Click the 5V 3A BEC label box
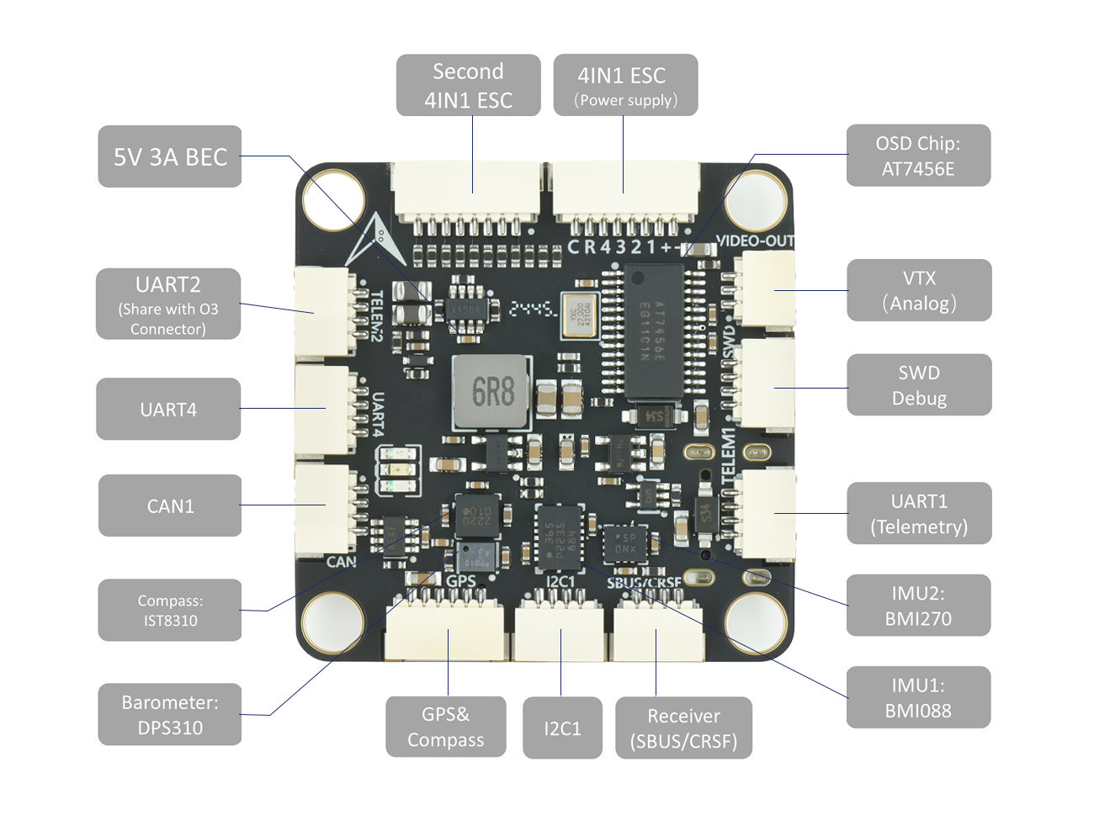pyautogui.click(x=170, y=156)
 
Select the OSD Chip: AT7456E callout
pyautogui.click(x=918, y=156)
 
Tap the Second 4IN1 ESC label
pyautogui.click(x=468, y=86)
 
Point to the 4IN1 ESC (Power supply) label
pyautogui.click(x=625, y=86)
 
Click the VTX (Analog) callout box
pyautogui.click(x=919, y=290)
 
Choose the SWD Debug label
pyautogui.click(x=919, y=385)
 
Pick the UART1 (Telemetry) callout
pyautogui.click(x=919, y=513)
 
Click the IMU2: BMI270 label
pyautogui.click(x=918, y=606)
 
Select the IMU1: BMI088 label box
pyautogui.click(x=918, y=698)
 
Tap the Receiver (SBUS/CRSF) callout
pyautogui.click(x=683, y=728)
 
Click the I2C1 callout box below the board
pyautogui.click(x=562, y=728)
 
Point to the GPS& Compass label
pyautogui.click(x=446, y=727)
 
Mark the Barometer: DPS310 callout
pyautogui.click(x=170, y=715)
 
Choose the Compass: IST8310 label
pyautogui.click(x=170, y=611)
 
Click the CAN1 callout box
pyautogui.click(x=170, y=505)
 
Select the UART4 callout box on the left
pyautogui.click(x=168, y=410)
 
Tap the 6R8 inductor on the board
pyautogui.click(x=492, y=391)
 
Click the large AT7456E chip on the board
pyautogui.click(x=652, y=331)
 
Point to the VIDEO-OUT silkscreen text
pyautogui.click(x=755, y=241)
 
